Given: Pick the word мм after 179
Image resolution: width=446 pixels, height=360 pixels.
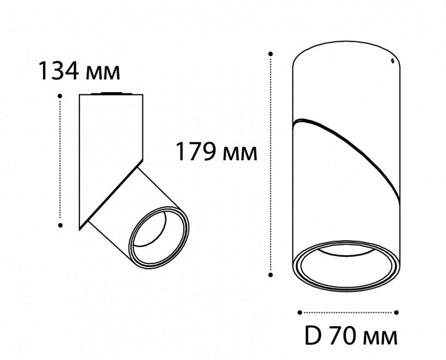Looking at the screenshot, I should coord(241,152).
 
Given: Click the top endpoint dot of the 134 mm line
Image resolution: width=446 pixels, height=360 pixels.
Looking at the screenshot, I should coord(60,95).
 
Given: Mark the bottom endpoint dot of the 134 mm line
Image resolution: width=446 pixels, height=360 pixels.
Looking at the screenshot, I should coord(60,225).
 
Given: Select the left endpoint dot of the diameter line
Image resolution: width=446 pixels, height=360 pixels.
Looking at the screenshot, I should coord(300,312).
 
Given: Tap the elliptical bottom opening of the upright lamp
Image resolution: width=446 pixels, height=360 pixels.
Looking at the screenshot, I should coord(346,267).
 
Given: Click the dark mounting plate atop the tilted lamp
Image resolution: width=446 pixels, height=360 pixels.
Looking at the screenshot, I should coord(111,94).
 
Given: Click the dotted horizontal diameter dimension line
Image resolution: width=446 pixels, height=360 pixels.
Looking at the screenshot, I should coord(348,312).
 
